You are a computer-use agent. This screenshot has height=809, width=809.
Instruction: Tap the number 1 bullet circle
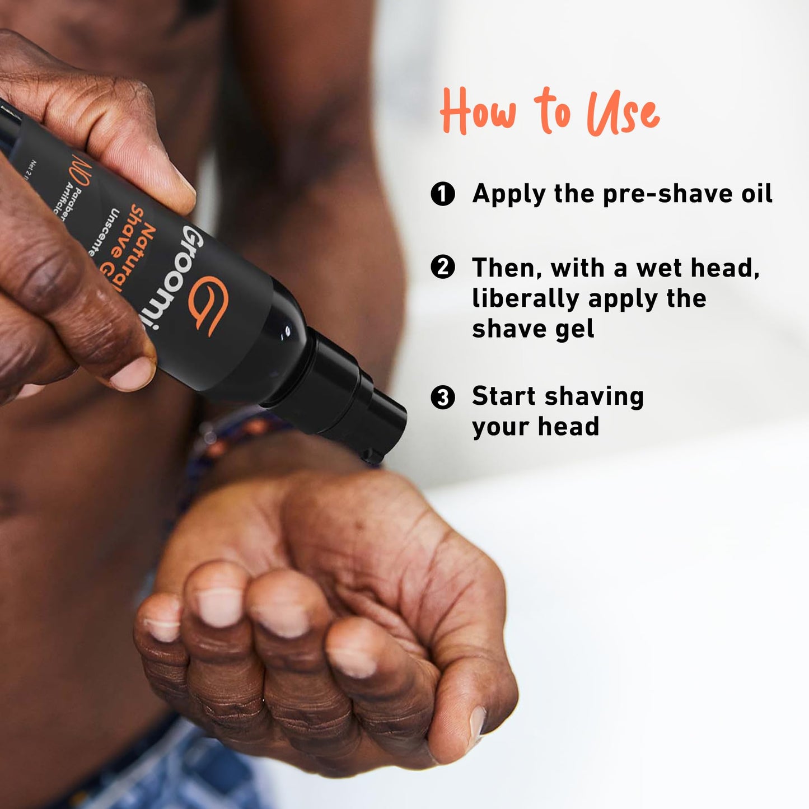pos(443,194)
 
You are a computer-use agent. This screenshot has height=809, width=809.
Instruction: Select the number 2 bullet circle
pos(443,268)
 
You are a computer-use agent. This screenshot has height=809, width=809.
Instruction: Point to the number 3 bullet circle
pos(443,398)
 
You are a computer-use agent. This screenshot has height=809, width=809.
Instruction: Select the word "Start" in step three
pos(504,396)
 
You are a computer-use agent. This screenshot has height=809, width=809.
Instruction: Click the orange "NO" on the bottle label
pos(80,174)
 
